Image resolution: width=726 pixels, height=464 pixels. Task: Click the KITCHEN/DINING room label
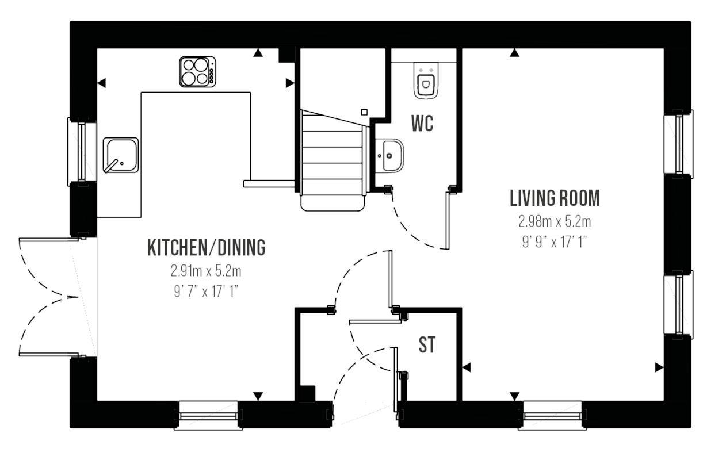tap(207, 248)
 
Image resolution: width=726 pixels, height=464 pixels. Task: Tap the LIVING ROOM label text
tap(555, 198)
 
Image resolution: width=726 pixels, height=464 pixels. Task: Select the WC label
tap(422, 124)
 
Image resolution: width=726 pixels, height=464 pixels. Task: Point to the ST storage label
tap(427, 346)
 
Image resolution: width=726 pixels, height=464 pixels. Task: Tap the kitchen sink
tap(121, 155)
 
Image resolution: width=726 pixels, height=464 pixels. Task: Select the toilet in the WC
tap(425, 82)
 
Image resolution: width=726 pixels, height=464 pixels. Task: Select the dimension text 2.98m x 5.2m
tap(555, 221)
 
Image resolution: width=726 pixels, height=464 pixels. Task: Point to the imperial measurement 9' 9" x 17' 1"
tap(555, 241)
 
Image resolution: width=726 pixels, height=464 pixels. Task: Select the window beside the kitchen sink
tap(82, 151)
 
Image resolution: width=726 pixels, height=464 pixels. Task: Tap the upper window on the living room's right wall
tap(678, 141)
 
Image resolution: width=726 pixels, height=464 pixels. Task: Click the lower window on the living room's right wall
tap(678, 303)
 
